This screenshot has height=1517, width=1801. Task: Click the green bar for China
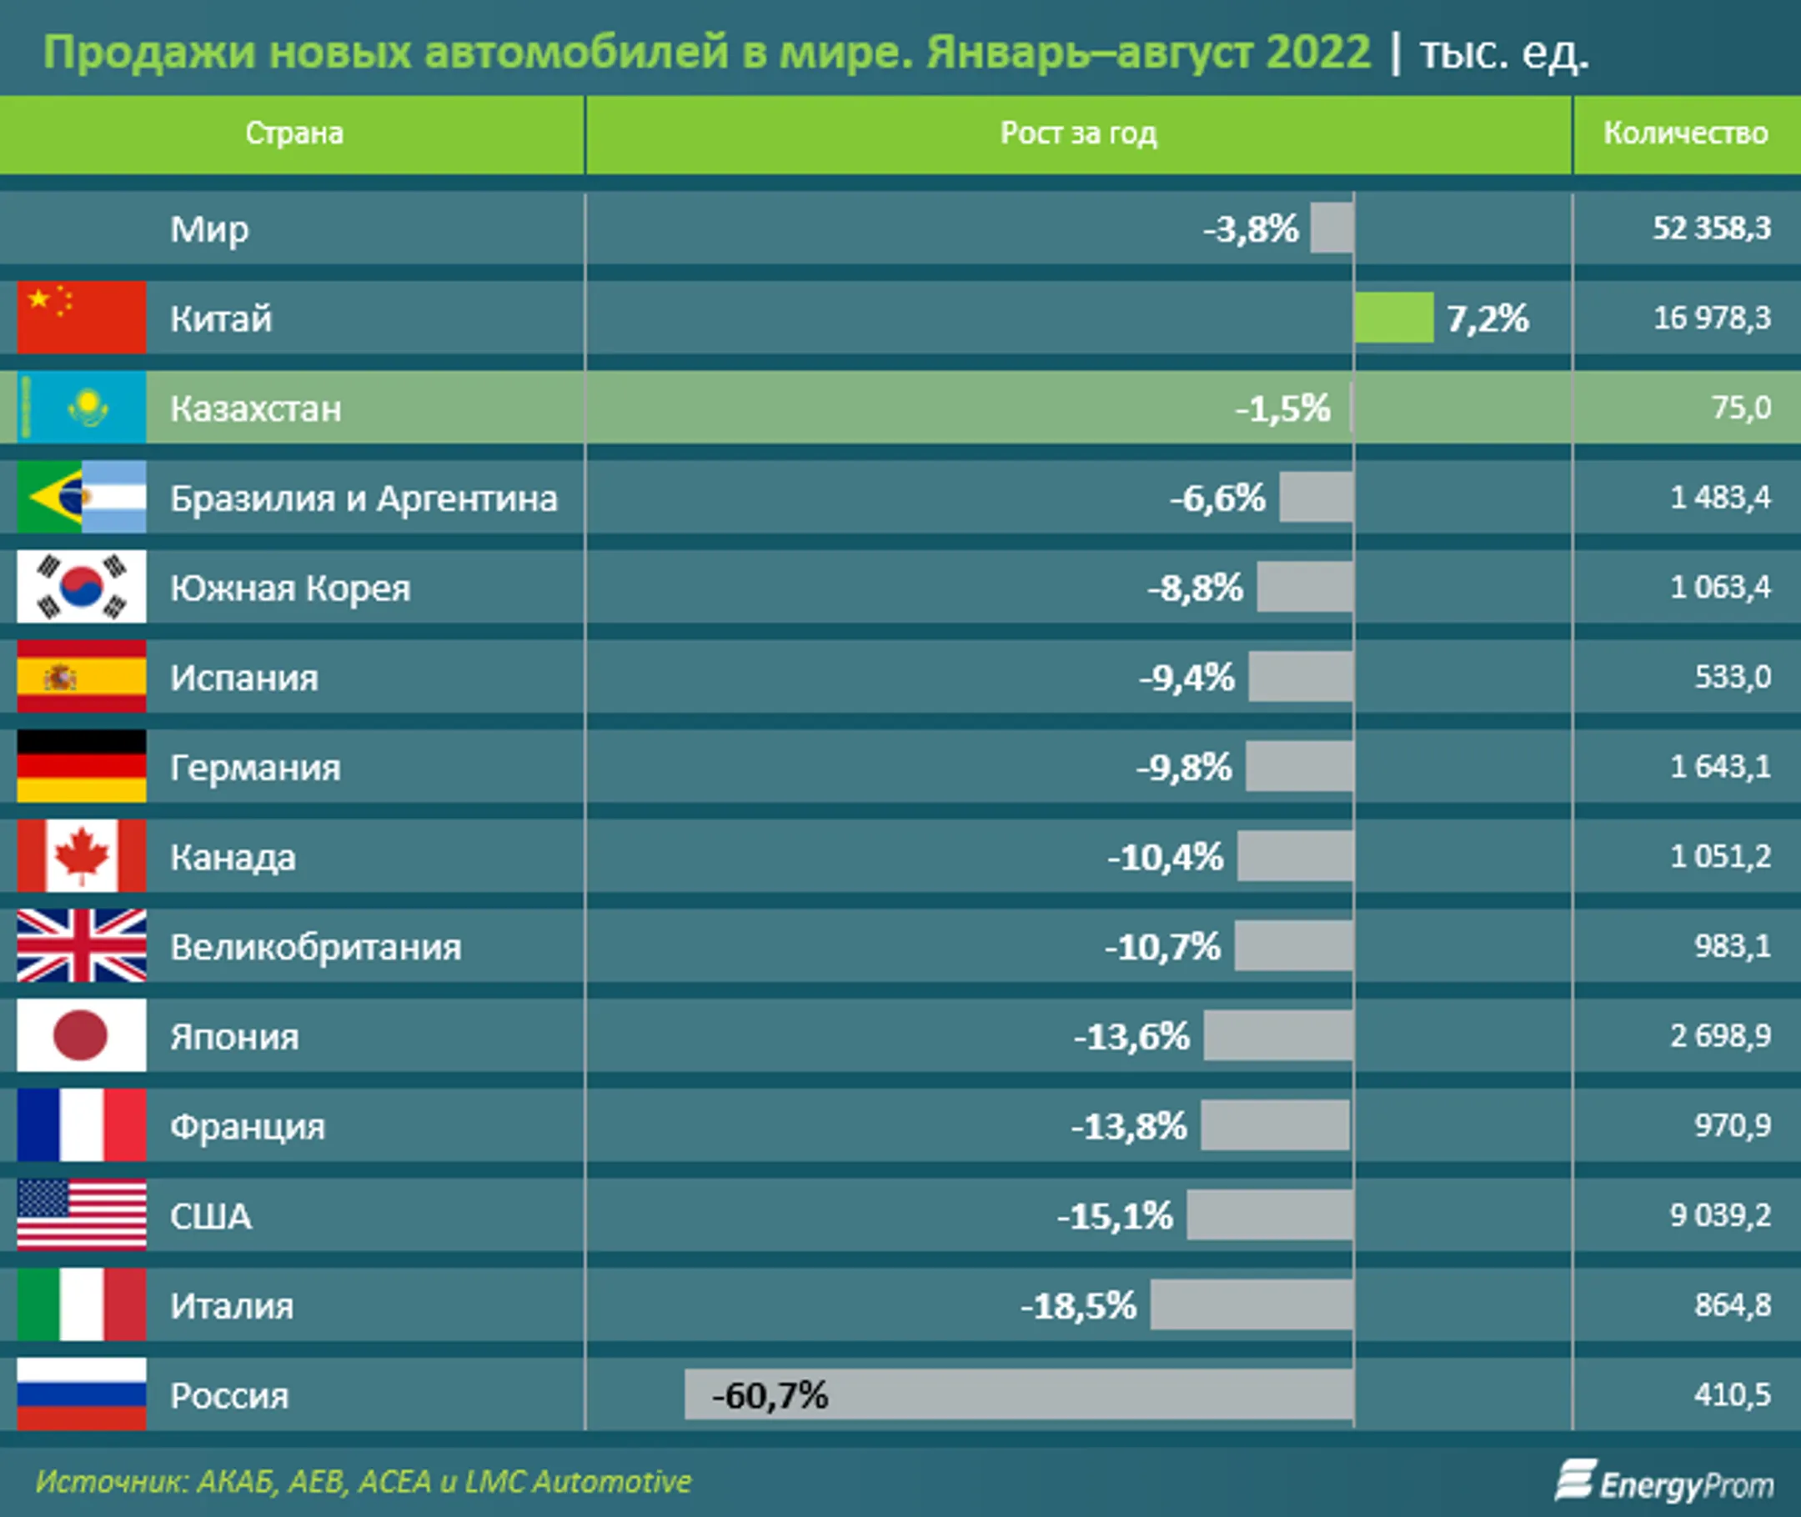1393,318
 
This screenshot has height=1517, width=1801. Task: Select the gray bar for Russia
1018,1394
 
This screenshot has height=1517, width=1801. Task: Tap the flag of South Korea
82,588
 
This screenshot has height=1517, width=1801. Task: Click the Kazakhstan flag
82,408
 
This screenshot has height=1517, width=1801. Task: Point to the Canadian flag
82,857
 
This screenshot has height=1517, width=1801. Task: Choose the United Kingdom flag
82,946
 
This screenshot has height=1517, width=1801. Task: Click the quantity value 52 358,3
1711,228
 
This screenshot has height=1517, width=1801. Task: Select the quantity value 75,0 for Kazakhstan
1741,408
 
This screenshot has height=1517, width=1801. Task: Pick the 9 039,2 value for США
1719,1215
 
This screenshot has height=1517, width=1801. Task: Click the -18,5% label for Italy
1079,1306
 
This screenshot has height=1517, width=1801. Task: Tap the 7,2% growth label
1487,319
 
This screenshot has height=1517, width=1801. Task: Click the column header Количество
1685,133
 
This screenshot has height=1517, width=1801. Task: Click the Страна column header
294,133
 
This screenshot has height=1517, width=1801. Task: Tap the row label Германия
254,768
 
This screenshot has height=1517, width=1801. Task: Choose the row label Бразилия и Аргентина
363,498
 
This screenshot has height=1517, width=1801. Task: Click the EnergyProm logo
1663,1482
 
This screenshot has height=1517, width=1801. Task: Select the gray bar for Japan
1277,1036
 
